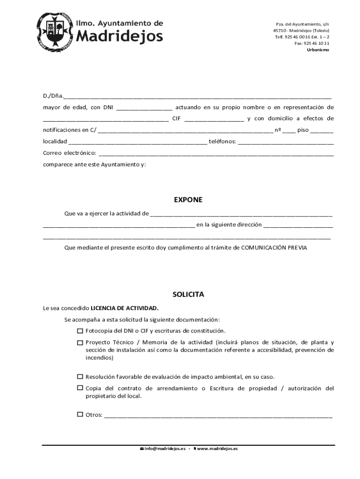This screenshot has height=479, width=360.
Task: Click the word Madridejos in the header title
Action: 119,36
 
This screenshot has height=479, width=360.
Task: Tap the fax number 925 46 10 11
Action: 317,43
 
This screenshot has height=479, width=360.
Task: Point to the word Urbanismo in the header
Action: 317,50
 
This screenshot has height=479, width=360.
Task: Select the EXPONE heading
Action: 188,200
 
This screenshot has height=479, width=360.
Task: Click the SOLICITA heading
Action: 188,295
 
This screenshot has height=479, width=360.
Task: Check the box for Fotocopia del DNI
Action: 80,331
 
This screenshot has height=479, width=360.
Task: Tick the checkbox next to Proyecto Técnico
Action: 80,342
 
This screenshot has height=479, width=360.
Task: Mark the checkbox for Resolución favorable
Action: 80,377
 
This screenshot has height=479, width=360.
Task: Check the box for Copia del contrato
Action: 80,388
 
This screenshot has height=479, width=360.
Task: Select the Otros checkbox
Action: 80,414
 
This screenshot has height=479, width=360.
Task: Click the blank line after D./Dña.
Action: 198,97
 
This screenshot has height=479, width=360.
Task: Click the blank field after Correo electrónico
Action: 216,153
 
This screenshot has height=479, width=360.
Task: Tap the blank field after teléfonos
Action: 286,142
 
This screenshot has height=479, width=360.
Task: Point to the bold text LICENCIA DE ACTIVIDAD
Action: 124,308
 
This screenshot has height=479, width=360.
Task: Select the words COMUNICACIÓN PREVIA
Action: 274,248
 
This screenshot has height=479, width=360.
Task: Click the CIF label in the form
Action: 176,119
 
